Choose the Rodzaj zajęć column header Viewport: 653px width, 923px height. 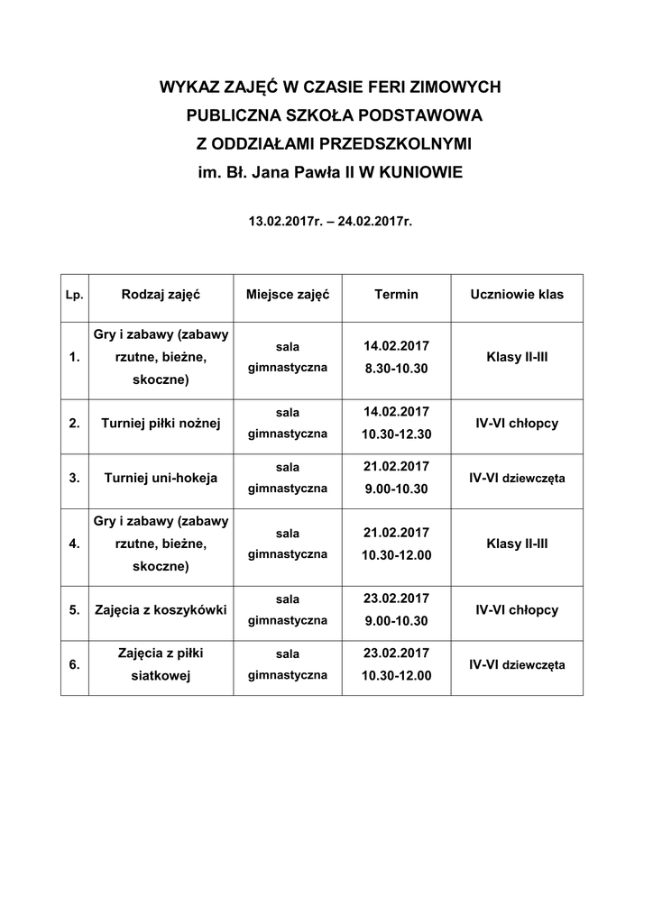coord(161,295)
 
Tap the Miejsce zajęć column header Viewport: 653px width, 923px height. coord(288,295)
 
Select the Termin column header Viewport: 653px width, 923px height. coord(396,295)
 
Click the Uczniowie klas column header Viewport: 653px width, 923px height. coord(517,295)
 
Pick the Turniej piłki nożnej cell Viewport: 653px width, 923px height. coord(161,423)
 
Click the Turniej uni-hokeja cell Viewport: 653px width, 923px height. coord(161,478)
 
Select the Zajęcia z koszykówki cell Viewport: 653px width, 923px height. coord(161,610)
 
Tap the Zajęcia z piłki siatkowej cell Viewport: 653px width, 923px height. coord(161,664)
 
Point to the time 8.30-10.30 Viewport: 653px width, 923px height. coord(396,369)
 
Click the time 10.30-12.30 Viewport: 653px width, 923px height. coord(396,434)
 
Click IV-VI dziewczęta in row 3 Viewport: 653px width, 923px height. coord(517,478)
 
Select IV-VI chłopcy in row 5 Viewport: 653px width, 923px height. coord(517,610)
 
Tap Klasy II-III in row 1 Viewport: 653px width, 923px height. coord(517,357)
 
